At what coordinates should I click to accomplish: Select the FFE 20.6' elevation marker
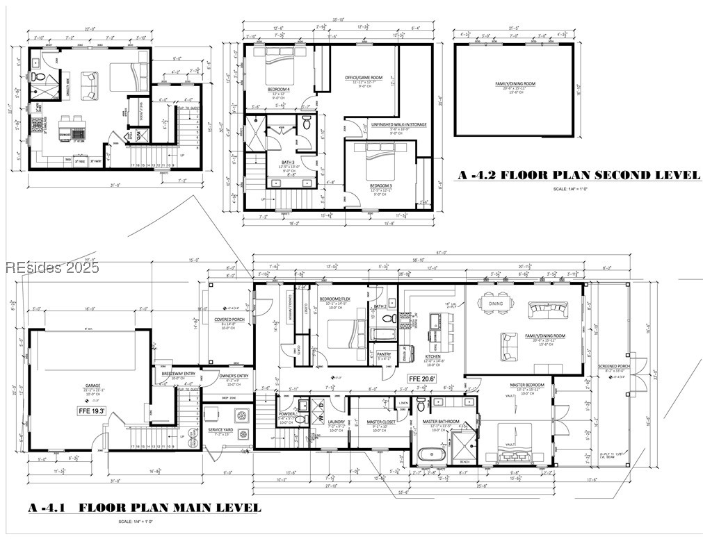click(421, 379)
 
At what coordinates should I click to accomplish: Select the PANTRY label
click(384, 354)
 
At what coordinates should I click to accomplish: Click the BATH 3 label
click(278, 161)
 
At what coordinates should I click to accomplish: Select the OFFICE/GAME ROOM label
click(364, 77)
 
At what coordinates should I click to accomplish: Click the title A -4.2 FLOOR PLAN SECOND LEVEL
click(579, 175)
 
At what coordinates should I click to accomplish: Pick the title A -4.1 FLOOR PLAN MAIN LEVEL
click(145, 508)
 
